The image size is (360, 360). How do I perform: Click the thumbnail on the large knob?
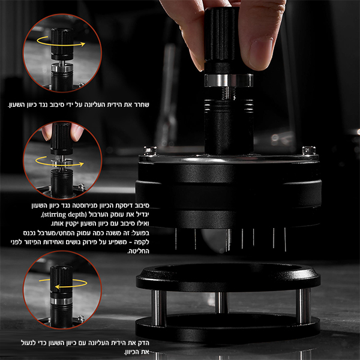click(x=262, y=52)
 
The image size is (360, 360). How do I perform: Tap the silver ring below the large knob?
click(x=229, y=80)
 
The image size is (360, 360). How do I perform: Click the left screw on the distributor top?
click(x=150, y=151)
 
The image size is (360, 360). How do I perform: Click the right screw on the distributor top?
click(x=308, y=151)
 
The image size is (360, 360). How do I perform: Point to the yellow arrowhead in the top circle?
click(x=83, y=44)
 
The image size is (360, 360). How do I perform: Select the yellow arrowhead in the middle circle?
click(x=81, y=164)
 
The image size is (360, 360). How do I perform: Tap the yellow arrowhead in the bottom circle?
click(x=58, y=287)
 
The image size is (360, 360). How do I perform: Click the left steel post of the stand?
click(x=158, y=308)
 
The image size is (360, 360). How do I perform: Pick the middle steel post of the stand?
click(x=222, y=302)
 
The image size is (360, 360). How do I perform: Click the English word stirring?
click(x=55, y=214)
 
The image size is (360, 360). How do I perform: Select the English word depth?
click(x=76, y=215)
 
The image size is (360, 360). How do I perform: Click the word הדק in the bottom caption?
click(x=144, y=343)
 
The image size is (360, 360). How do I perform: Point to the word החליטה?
click(x=138, y=251)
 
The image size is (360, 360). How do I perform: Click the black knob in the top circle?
click(x=62, y=44)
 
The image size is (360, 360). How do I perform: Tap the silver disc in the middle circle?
click(x=62, y=163)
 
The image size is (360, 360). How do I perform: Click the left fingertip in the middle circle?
click(x=47, y=132)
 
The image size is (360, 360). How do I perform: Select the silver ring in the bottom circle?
click(x=62, y=301)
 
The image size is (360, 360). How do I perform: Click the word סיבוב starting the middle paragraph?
click(x=143, y=205)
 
